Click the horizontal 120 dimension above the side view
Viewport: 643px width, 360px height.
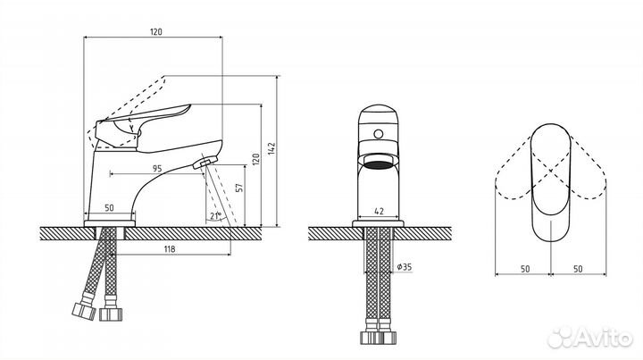click(x=155, y=31)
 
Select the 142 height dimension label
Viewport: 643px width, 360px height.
click(x=271, y=149)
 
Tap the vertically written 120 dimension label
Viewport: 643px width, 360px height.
click(x=255, y=160)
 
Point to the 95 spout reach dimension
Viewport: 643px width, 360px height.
click(x=157, y=168)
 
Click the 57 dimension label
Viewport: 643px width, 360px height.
click(x=240, y=188)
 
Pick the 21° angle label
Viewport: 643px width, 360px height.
click(x=216, y=215)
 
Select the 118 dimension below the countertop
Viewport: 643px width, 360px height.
click(x=170, y=249)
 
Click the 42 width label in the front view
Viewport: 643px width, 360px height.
click(x=380, y=211)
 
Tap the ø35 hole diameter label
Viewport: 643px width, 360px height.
click(x=405, y=267)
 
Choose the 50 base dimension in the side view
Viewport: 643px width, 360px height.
click(x=109, y=208)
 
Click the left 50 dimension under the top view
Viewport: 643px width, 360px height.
click(x=525, y=269)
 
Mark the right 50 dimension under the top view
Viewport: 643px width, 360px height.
click(x=578, y=269)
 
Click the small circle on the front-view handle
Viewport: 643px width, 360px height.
click(x=378, y=134)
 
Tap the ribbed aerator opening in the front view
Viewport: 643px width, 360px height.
click(x=378, y=164)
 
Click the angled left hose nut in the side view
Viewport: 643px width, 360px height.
click(x=84, y=311)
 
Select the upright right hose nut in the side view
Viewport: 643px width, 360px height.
click(x=111, y=314)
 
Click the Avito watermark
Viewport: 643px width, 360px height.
click(x=589, y=337)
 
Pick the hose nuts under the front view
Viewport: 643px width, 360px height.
click(x=378, y=338)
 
